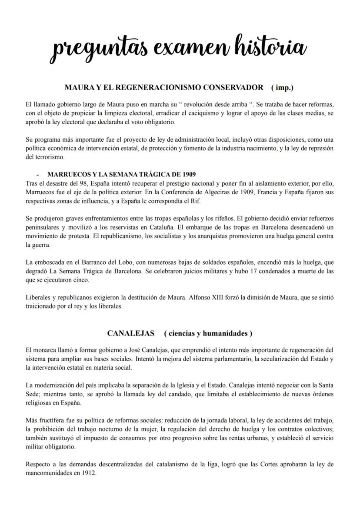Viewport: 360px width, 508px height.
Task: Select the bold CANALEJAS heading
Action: (x=131, y=334)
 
